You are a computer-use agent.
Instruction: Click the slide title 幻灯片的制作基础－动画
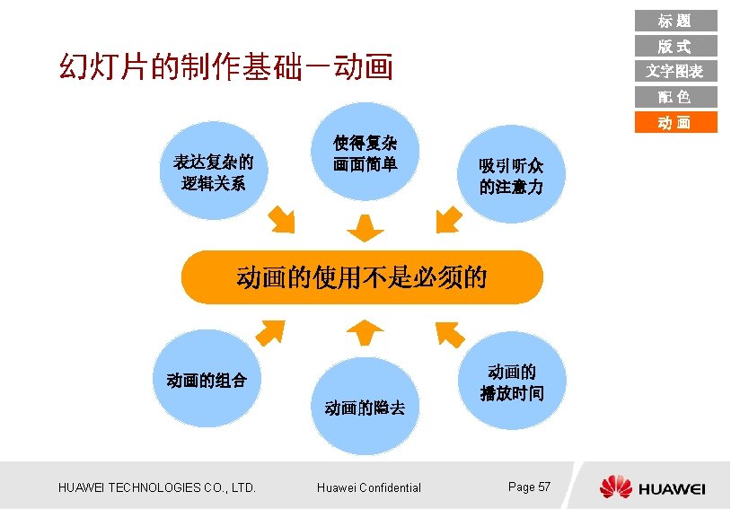225,66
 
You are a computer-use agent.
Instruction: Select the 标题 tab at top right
675,21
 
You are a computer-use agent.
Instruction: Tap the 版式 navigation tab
675,46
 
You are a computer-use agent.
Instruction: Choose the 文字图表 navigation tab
675,71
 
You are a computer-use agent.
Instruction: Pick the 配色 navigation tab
675,97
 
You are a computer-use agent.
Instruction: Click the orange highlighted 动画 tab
675,122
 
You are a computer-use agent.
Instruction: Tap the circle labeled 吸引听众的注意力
510,176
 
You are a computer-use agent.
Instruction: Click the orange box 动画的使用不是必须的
362,276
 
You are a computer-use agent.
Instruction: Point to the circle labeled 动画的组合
207,380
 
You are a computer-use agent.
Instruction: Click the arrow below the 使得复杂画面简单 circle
365,228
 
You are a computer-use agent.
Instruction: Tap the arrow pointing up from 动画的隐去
365,332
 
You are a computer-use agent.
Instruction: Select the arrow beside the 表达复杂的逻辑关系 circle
281,218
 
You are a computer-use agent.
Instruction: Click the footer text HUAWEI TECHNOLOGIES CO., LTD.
157,487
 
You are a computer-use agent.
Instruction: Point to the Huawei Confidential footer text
369,487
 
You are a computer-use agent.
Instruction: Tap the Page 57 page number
529,487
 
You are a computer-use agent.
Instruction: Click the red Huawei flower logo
616,487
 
